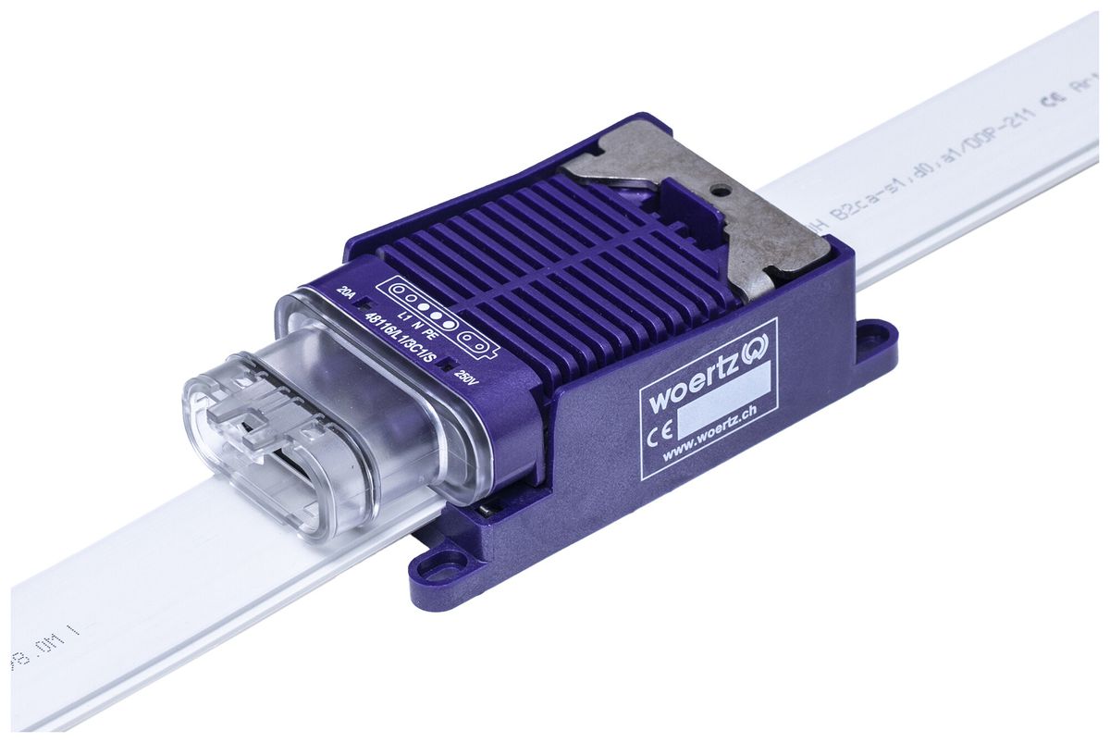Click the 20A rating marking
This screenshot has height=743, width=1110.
tap(347, 293)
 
